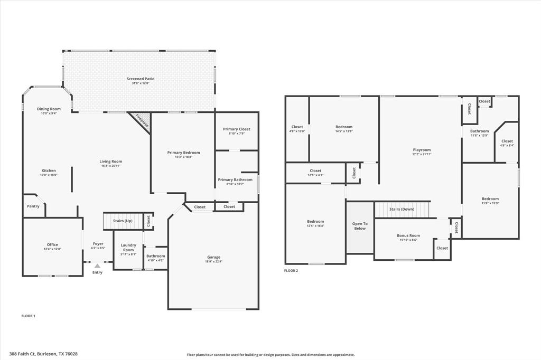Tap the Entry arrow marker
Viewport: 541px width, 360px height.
[97, 267]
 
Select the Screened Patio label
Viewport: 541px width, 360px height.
[141, 79]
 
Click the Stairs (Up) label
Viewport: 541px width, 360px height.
[123, 220]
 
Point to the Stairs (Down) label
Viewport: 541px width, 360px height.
[402, 209]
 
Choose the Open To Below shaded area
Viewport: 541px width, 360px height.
[360, 226]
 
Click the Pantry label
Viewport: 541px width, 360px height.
[33, 206]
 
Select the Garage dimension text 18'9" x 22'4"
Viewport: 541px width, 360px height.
[213, 262]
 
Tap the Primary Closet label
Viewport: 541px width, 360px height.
[236, 129]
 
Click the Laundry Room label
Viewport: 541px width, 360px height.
[128, 247]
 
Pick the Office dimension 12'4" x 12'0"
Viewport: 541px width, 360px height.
[52, 249]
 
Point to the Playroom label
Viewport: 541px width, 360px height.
[422, 150]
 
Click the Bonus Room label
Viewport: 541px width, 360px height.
[408, 235]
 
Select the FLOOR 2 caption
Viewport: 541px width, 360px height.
[291, 270]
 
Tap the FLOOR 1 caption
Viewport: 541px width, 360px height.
[28, 316]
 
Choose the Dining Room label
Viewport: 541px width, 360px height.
[49, 109]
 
